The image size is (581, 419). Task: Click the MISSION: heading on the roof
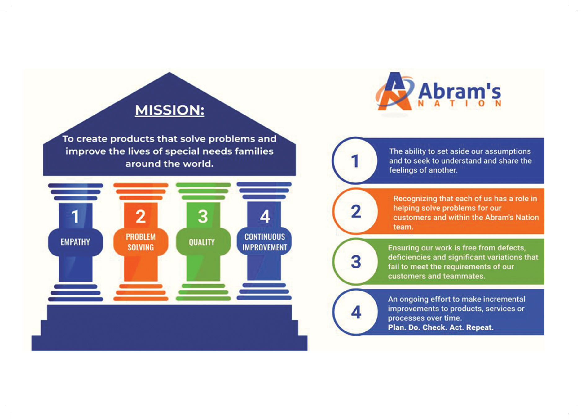click(169, 110)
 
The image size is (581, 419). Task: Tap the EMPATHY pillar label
click(75, 242)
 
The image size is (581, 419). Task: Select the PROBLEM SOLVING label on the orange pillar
click(141, 242)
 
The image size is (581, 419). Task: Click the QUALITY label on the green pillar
click(202, 242)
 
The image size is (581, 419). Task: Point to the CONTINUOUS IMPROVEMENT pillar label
click(265, 242)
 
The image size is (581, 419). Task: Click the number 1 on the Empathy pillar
click(75, 216)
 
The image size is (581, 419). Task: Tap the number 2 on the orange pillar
click(141, 216)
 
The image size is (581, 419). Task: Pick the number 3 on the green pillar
click(203, 216)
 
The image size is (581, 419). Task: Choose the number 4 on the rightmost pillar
click(265, 216)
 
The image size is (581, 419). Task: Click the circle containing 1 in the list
click(355, 161)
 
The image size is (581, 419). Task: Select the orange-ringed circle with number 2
click(356, 211)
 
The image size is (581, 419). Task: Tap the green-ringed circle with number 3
click(356, 262)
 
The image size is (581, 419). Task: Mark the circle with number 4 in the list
click(356, 312)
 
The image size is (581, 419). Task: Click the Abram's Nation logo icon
click(394, 92)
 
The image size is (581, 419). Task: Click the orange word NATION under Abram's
click(460, 104)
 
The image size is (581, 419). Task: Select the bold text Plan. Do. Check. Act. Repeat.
click(441, 327)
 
